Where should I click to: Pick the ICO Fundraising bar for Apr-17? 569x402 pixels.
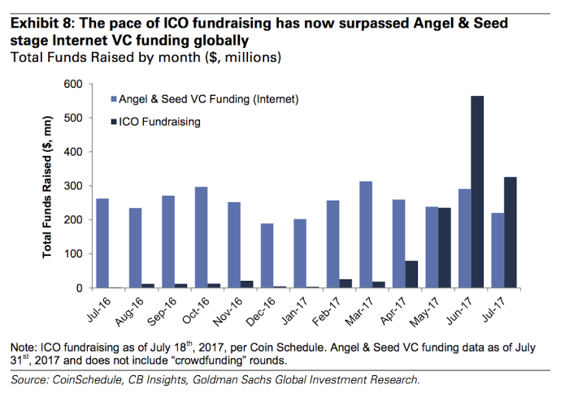point(412,274)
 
